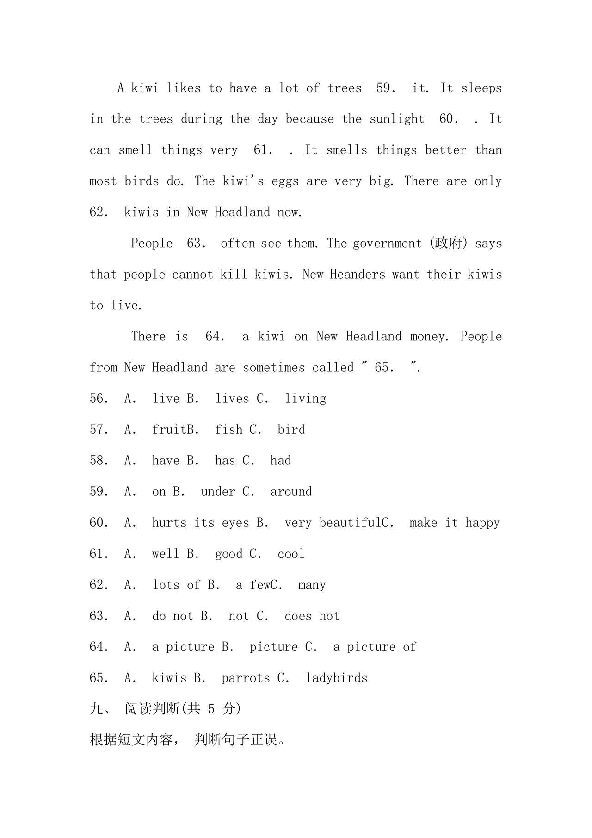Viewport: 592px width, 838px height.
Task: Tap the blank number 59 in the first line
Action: click(385, 88)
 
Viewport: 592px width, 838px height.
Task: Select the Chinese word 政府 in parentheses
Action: click(448, 243)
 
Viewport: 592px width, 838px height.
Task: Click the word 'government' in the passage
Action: click(387, 244)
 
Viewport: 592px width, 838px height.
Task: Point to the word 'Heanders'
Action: click(358, 274)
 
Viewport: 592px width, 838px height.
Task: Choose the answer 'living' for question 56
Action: click(305, 399)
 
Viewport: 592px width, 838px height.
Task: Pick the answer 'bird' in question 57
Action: click(291, 430)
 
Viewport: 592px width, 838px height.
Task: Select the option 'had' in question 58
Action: click(281, 461)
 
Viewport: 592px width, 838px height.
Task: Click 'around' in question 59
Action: click(291, 492)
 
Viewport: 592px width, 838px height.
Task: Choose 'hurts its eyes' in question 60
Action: click(200, 523)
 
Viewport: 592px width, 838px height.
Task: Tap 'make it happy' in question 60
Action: click(455, 523)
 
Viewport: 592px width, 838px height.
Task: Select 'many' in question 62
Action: click(312, 585)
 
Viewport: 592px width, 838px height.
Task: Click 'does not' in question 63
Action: click(312, 616)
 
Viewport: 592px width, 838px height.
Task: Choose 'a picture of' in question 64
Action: click(375, 647)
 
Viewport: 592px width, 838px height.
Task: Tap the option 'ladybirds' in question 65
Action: click(336, 678)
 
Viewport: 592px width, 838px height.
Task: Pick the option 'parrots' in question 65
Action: click(246, 678)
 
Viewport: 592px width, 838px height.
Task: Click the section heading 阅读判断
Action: click(152, 709)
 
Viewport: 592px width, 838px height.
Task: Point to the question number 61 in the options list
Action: click(99, 554)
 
